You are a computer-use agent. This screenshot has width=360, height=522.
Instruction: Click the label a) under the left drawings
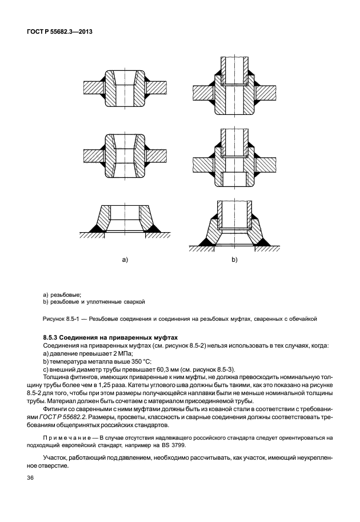(x=125, y=260)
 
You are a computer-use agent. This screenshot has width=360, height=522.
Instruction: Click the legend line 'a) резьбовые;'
(x=62, y=293)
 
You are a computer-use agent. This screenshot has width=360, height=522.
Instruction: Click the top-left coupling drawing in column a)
(x=125, y=89)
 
